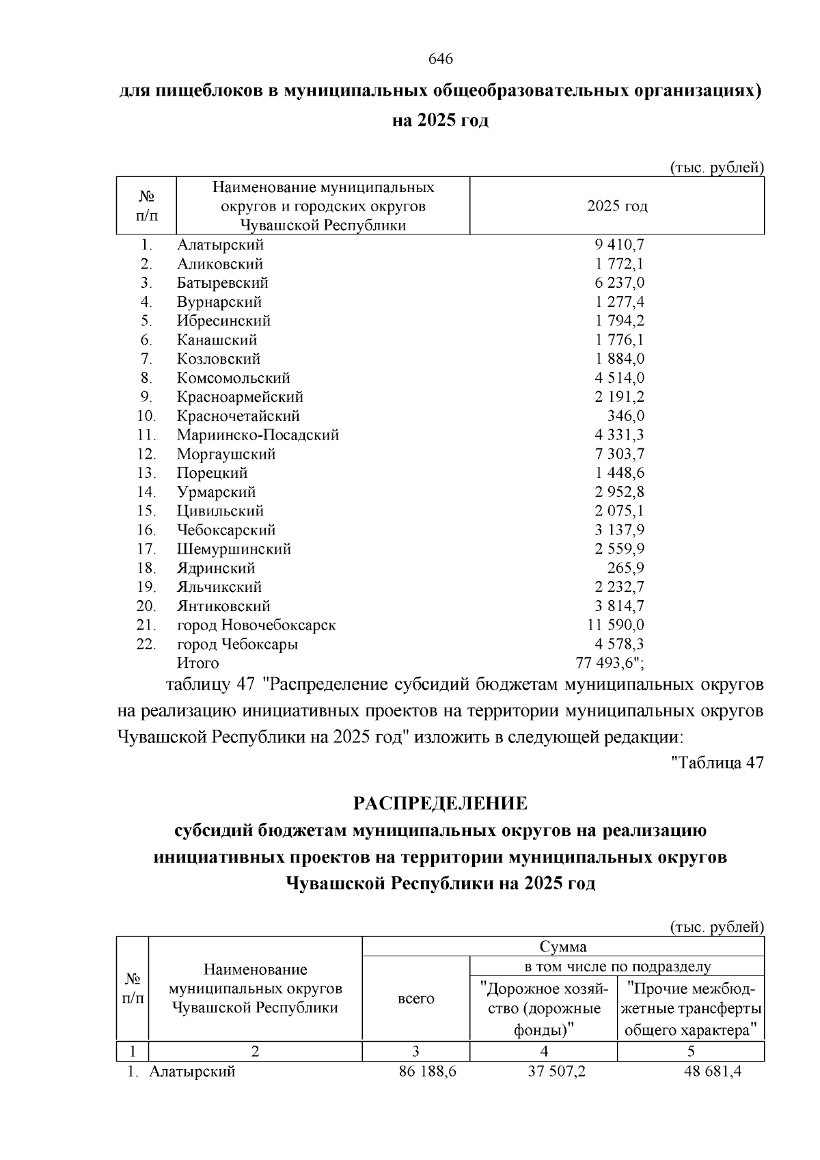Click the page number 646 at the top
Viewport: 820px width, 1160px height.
coord(441,59)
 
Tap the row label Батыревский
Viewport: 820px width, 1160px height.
coord(223,283)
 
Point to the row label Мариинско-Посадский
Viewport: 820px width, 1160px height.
coord(258,435)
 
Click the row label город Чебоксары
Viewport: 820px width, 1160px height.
coord(237,645)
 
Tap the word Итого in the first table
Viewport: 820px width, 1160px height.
coord(198,663)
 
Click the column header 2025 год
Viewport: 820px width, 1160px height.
coord(617,206)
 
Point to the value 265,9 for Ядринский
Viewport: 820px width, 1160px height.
coord(626,568)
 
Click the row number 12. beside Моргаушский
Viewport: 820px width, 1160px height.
coord(146,455)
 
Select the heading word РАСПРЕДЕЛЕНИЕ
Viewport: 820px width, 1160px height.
coord(441,803)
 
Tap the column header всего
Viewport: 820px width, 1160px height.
coord(416,999)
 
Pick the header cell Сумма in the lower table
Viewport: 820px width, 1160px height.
coord(563,947)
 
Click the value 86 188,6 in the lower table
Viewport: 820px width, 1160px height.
coord(428,1071)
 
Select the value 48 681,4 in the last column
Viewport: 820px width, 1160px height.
coord(713,1071)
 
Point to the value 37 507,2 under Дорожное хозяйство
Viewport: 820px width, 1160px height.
coord(556,1071)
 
